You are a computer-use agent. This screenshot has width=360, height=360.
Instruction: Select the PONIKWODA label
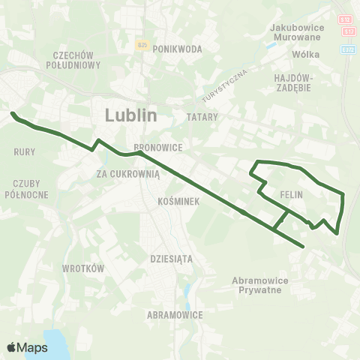178,49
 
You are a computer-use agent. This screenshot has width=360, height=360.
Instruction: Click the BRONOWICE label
154,148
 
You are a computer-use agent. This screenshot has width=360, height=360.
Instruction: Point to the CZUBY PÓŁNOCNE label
31,188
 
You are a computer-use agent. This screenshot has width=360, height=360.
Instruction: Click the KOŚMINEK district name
178,202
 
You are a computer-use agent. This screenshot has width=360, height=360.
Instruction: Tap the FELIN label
290,194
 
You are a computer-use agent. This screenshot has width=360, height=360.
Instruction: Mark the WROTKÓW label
77,268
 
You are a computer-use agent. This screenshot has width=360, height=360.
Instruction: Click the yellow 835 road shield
143,45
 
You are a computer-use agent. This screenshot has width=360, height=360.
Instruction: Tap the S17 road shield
348,31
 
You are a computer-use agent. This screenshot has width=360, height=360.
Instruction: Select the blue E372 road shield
348,49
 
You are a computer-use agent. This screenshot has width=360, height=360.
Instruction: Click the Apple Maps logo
27,347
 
